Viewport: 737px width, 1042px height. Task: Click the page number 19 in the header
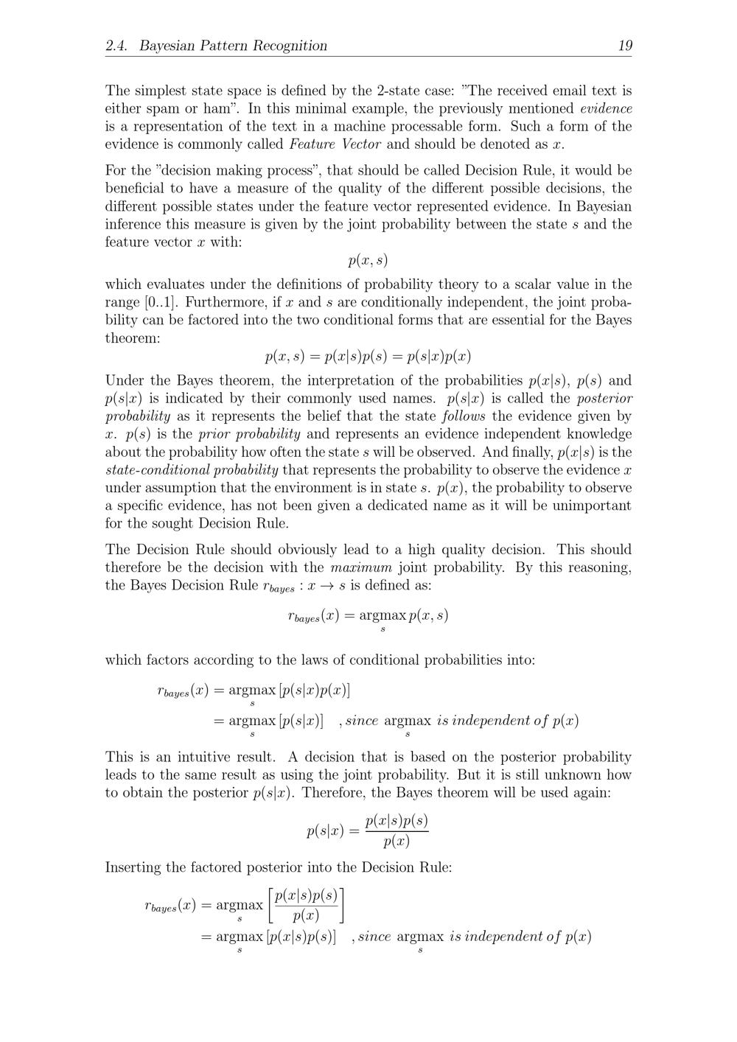coord(624,46)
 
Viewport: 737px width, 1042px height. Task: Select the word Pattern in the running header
coord(223,46)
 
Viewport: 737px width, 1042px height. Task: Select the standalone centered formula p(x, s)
coord(368,260)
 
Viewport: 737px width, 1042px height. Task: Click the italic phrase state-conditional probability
coord(192,470)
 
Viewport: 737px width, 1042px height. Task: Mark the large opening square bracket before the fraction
coord(270,905)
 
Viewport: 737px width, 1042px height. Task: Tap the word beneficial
coord(137,189)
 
